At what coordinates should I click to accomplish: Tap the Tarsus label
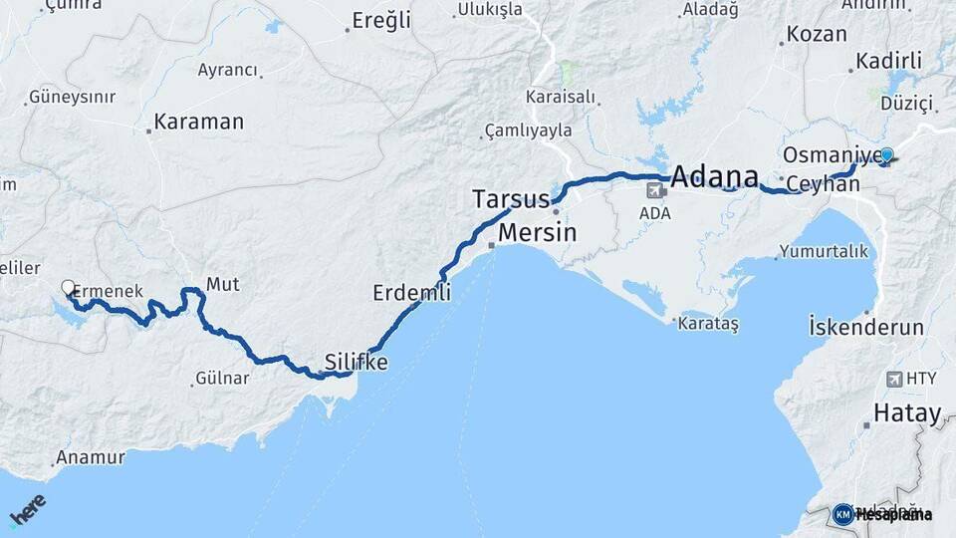pyautogui.click(x=511, y=198)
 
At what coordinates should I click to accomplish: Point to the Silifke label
pyautogui.click(x=356, y=362)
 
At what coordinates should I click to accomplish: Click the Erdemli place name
pyautogui.click(x=411, y=293)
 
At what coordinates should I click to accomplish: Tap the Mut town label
pyautogui.click(x=222, y=285)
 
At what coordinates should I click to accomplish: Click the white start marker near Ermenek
pyautogui.click(x=68, y=288)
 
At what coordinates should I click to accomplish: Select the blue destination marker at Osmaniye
pyautogui.click(x=886, y=155)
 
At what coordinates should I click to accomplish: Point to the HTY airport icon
pyautogui.click(x=892, y=379)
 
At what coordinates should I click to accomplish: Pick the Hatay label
pyautogui.click(x=906, y=413)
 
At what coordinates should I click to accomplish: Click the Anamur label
pyautogui.click(x=90, y=457)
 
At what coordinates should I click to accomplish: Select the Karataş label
pyautogui.click(x=707, y=324)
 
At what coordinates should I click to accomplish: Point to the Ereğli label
pyautogui.click(x=382, y=22)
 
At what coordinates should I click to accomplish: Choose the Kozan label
pyautogui.click(x=817, y=34)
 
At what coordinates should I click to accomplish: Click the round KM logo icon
pyautogui.click(x=842, y=514)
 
